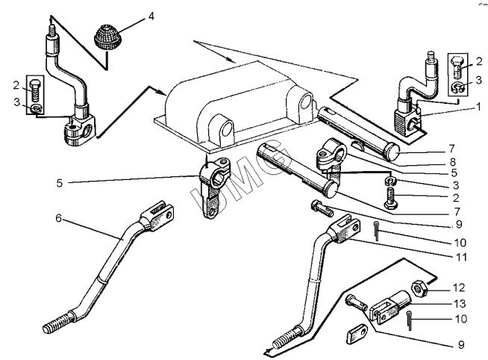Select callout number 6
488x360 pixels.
coord(57,220)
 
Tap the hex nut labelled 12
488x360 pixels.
coord(419,286)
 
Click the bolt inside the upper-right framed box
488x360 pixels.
coord(457,73)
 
